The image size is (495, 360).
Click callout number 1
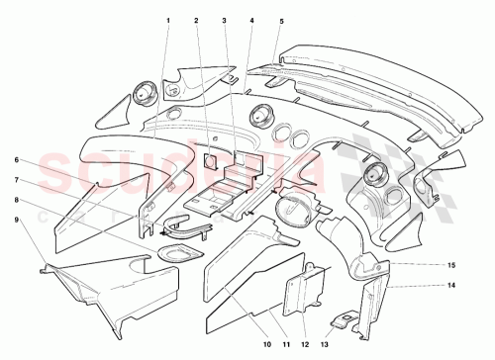point(168,20)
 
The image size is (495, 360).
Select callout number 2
point(196,20)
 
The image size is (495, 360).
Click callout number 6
point(17,159)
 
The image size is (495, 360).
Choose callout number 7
point(17,179)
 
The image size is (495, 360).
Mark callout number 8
point(17,199)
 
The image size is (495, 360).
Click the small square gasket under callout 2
point(210,156)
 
